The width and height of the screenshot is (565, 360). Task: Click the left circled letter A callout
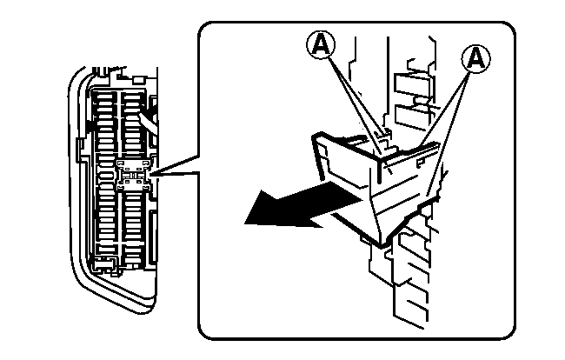tap(321, 44)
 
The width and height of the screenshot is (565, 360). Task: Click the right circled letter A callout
tap(476, 58)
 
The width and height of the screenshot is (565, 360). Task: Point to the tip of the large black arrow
tap(245, 223)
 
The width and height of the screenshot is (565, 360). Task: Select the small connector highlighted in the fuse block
tap(134, 175)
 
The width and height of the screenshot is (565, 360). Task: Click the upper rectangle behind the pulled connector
tap(412, 85)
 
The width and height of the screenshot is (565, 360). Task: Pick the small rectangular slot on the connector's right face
tap(420, 163)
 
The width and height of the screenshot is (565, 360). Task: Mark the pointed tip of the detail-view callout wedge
tap(152, 176)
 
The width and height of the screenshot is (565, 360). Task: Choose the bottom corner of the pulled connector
tap(382, 245)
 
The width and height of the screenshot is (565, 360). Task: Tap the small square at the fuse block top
tap(139, 80)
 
